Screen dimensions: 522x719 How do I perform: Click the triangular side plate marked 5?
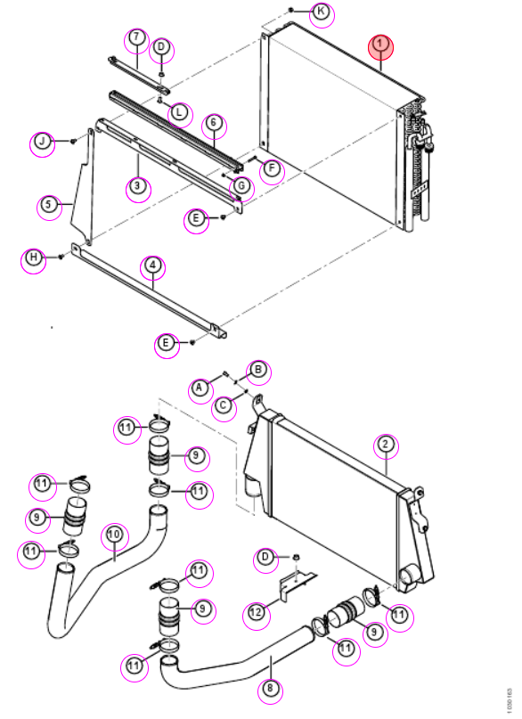click(x=83, y=192)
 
